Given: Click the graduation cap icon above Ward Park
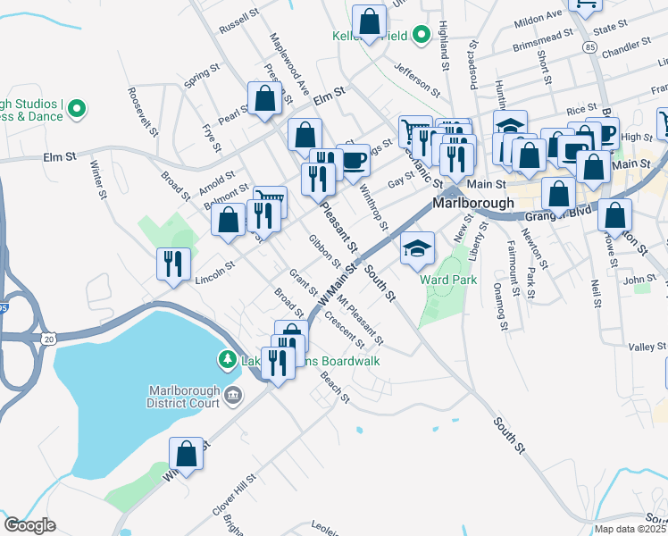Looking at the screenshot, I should tap(417, 248).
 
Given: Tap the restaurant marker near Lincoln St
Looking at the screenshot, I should tap(172, 264).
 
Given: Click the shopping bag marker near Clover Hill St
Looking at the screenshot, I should tap(186, 455).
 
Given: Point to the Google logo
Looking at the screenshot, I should tap(29, 525).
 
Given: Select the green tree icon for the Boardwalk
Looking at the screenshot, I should tap(227, 360).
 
